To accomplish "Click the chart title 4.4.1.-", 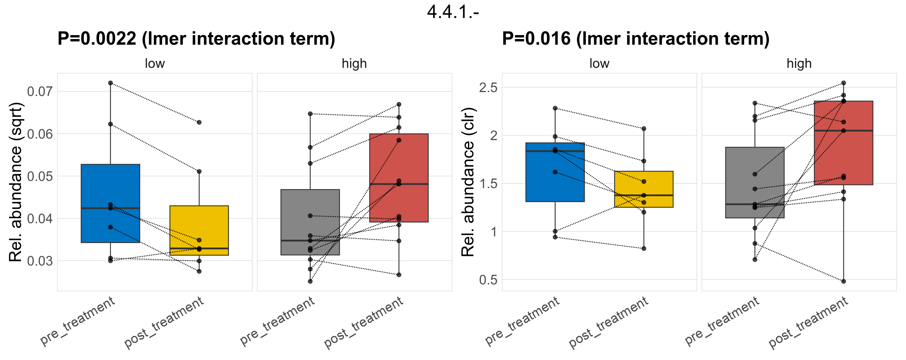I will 453,12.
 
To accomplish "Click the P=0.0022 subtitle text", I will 196,39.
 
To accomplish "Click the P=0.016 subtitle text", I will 635,39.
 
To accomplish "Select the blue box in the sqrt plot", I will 110,186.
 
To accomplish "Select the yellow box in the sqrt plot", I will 199,229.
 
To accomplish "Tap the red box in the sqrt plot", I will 399,158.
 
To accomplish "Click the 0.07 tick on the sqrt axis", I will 40,92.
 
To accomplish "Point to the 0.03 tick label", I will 40,261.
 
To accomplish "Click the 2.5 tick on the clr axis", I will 488,88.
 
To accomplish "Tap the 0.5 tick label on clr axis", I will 488,280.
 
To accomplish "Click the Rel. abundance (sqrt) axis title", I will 16,182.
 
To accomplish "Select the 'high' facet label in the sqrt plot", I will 354,64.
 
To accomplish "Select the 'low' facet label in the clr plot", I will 599,64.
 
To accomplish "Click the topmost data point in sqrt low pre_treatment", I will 110,83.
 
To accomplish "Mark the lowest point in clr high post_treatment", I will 843,281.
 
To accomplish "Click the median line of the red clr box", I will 843,131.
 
